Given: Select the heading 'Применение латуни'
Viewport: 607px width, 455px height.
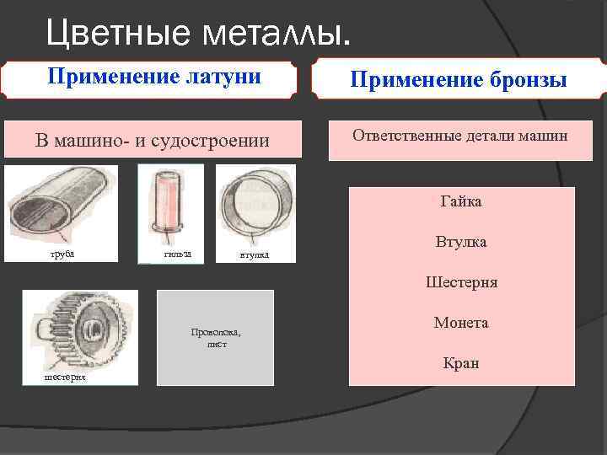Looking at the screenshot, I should (153, 78).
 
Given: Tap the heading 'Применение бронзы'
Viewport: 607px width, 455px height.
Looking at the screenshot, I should (458, 80).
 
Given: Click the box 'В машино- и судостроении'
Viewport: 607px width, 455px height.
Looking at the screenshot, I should (153, 140).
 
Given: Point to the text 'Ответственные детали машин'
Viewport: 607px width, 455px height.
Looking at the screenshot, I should (460, 135).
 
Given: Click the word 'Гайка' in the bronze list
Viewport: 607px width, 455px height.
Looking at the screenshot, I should (461, 201).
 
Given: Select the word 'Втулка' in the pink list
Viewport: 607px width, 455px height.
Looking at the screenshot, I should (461, 242).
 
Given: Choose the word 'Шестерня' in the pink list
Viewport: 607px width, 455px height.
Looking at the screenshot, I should (461, 282).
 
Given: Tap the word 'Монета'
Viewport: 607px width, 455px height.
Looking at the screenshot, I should (461, 323).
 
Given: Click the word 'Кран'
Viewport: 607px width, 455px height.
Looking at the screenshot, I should (461, 363).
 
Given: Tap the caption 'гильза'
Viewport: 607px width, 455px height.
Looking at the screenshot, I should (177, 254).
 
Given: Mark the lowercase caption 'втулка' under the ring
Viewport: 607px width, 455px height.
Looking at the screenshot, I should (254, 255).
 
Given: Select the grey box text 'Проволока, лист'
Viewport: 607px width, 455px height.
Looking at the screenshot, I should (216, 338).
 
